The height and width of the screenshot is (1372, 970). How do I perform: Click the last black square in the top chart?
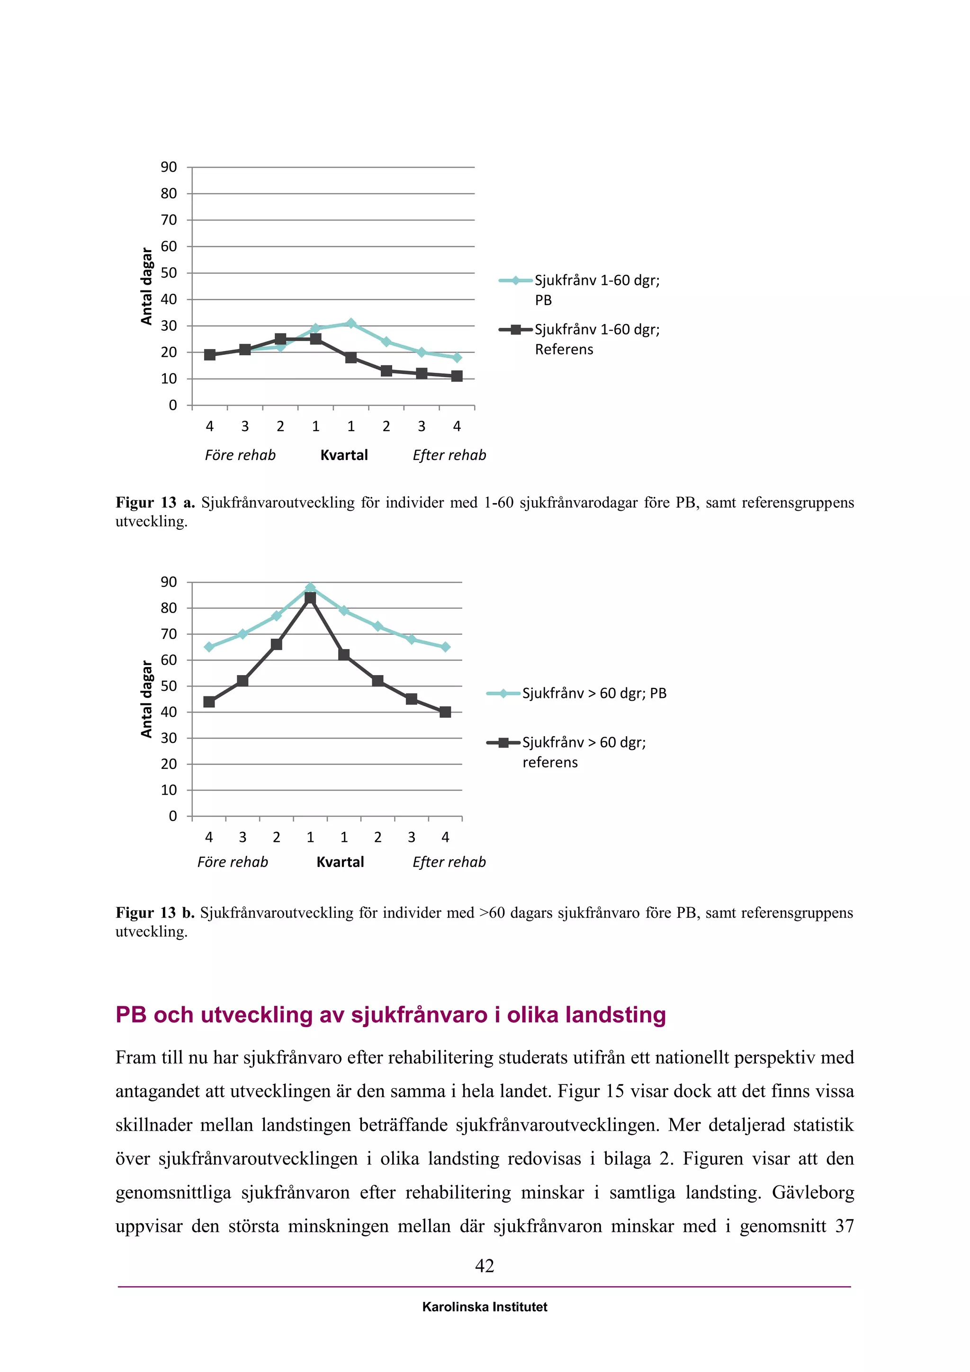457,376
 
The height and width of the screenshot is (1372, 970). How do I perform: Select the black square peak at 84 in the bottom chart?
310,597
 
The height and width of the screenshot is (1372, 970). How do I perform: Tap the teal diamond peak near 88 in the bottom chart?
310,588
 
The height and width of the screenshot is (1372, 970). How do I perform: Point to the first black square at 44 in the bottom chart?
209,702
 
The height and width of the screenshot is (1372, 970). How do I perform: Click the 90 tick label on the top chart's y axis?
169,167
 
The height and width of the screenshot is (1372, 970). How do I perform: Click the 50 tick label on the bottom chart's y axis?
169,686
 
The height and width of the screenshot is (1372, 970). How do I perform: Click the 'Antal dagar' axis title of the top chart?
147,286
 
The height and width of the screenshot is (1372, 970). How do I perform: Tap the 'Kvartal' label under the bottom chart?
340,862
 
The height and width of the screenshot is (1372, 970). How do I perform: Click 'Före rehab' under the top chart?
240,455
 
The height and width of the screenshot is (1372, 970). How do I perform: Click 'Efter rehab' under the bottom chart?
449,862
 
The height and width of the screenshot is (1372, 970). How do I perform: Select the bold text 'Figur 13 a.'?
155,503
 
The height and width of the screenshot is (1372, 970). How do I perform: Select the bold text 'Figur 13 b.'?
155,912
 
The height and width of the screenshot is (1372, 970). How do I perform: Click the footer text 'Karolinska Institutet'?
485,1307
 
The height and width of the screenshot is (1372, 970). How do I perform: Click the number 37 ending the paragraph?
844,1226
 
